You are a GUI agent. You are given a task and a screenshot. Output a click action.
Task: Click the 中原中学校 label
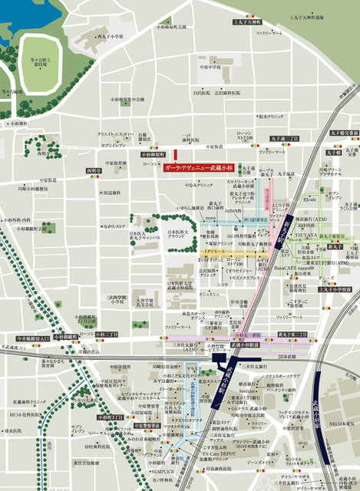tap(208, 67)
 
